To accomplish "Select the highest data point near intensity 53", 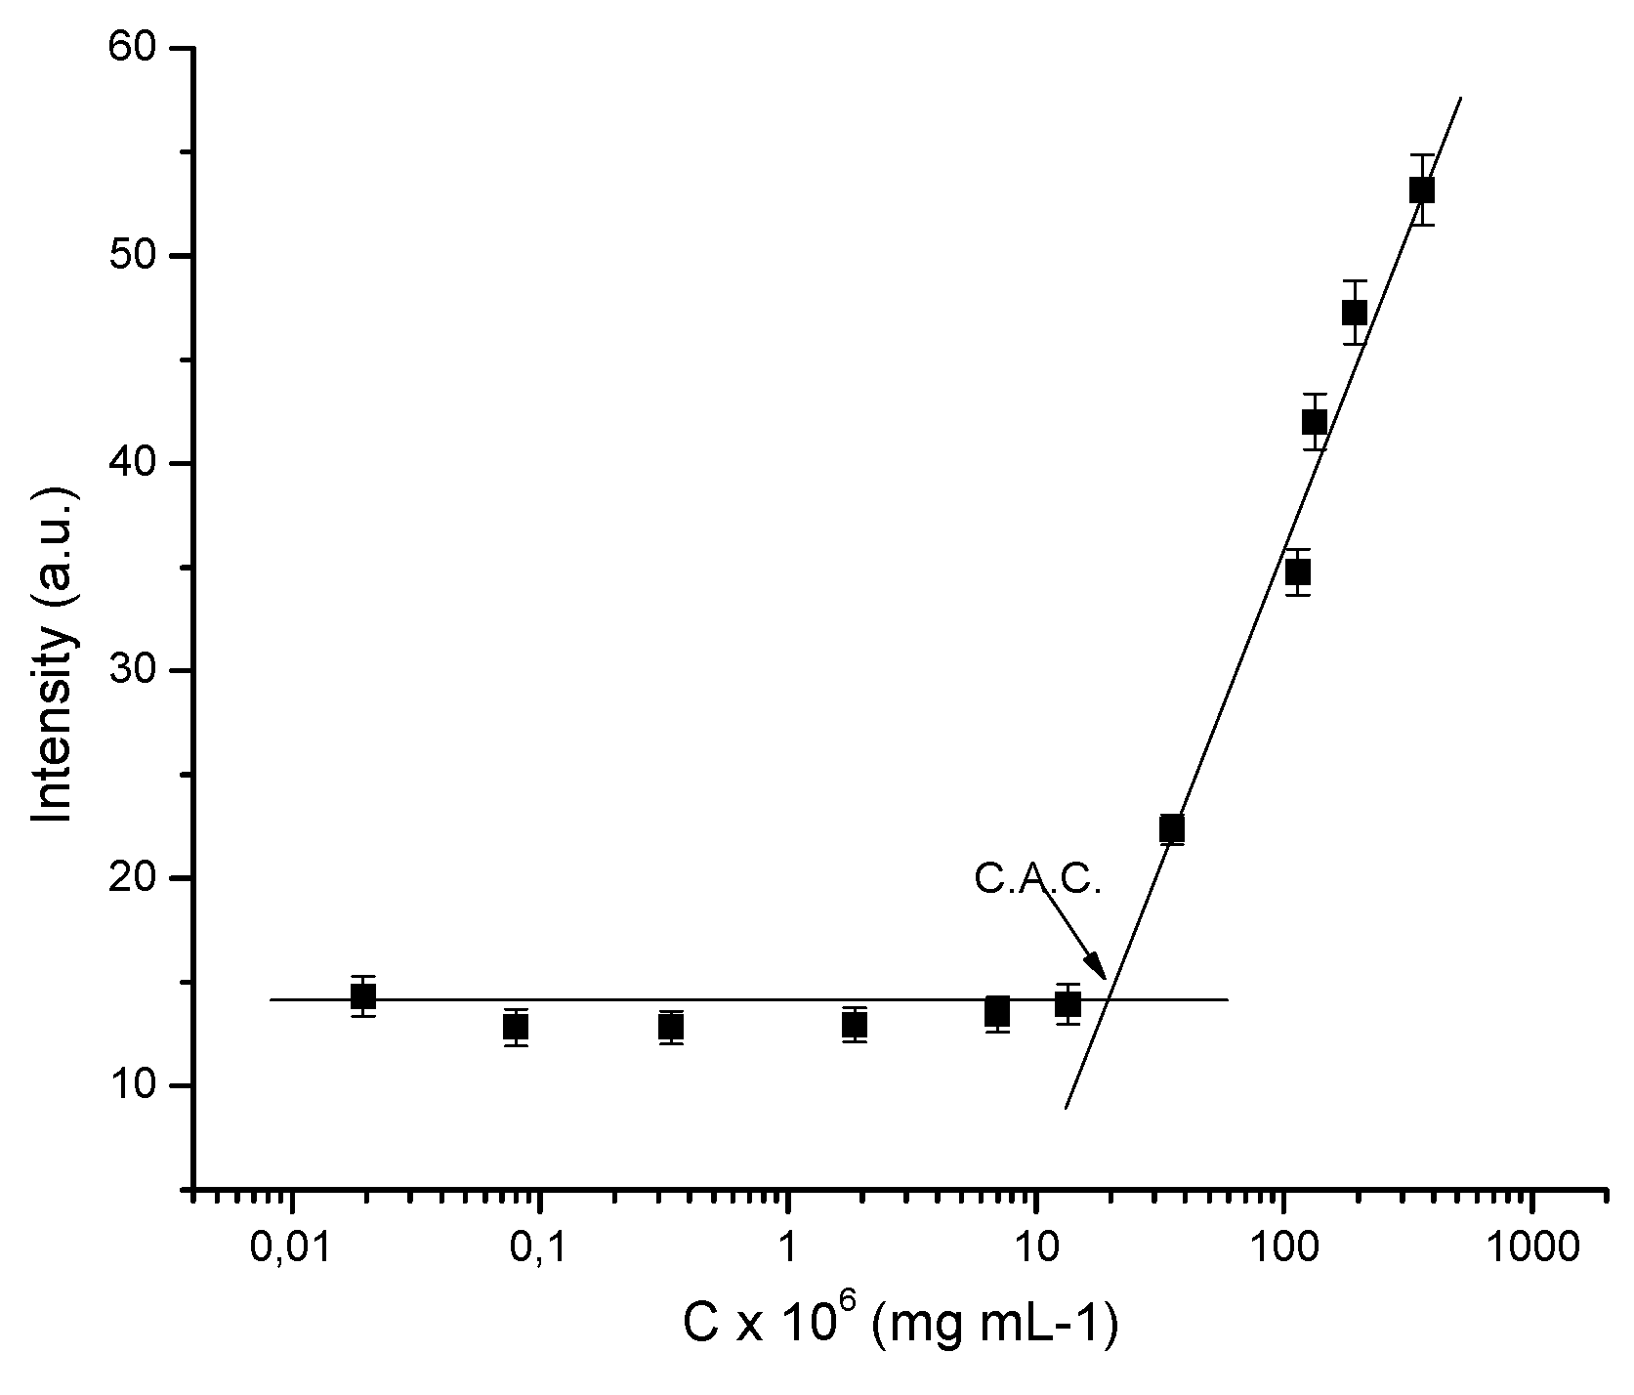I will [1422, 190].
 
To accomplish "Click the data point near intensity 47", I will [1354, 313].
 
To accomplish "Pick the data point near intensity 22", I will [1172, 828].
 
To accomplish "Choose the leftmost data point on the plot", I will [363, 996].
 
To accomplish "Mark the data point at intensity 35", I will [1297, 571].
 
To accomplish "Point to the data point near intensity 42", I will [1315, 422].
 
